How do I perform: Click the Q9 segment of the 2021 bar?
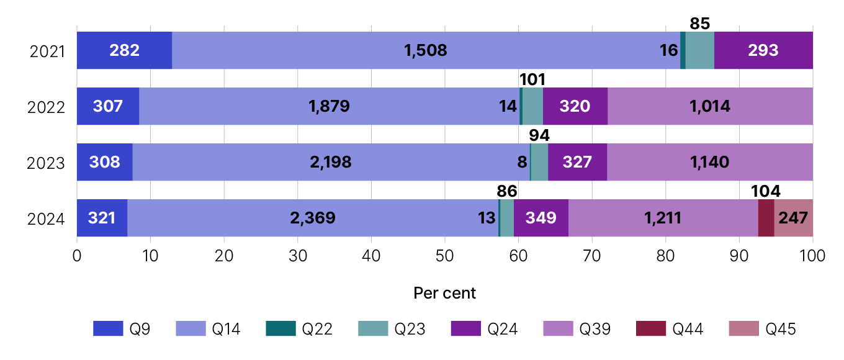click(x=124, y=50)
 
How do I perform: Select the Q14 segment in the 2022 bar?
click(x=329, y=106)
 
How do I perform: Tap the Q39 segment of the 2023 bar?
click(x=709, y=162)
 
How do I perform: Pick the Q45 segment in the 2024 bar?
click(x=793, y=218)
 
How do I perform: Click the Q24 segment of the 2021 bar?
click(x=763, y=50)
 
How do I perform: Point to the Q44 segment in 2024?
click(x=766, y=218)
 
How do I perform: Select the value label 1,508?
click(x=426, y=50)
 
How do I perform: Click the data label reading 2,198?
click(x=330, y=162)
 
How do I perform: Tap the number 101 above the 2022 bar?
click(x=532, y=79)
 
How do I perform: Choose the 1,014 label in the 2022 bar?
click(x=710, y=106)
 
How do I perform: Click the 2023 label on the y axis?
click(x=47, y=163)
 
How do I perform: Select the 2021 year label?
click(x=47, y=51)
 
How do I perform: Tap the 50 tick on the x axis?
click(x=444, y=256)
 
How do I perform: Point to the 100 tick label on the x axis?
click(x=812, y=256)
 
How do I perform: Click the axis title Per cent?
click(x=444, y=293)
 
